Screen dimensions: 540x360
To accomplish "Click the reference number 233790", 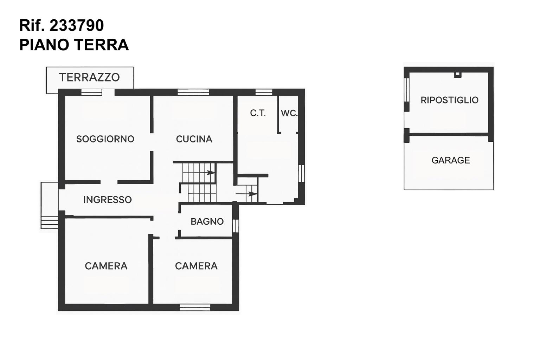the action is point(76,25).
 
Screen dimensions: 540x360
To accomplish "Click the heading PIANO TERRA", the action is point(74,45).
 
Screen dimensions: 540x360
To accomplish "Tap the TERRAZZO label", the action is point(89,77).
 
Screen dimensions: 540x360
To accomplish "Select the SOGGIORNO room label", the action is point(105,139).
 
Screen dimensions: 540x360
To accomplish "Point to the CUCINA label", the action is point(194,139).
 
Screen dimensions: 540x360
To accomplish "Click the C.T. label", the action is point(258,113).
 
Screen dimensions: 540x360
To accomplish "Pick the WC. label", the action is point(289,113).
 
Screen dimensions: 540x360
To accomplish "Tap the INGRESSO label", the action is point(108,200).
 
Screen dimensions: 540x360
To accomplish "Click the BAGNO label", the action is point(207,221).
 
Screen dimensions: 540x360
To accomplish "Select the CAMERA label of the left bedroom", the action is point(106,266).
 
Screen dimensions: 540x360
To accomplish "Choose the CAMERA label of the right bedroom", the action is point(196,266).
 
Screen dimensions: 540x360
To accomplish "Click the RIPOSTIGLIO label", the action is point(450,100).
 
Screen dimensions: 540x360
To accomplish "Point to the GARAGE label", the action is point(451,160).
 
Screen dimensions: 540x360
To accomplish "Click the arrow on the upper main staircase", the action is point(211,173).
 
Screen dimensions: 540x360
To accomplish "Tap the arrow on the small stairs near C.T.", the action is point(246,194).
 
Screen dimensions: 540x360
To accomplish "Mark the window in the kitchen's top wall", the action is point(193,92).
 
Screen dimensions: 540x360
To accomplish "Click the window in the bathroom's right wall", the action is point(236,226).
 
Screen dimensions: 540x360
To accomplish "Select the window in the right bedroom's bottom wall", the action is point(195,307).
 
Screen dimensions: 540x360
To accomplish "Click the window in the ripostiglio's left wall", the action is point(407,90).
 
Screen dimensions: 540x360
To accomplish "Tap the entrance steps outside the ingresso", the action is point(50,222).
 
